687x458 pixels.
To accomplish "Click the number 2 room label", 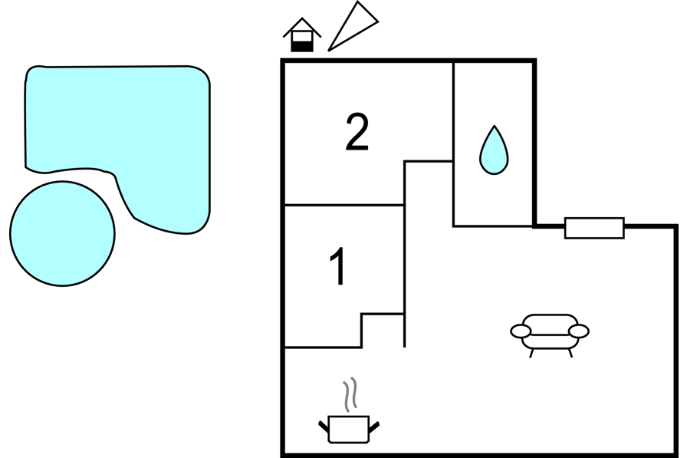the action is (357, 132).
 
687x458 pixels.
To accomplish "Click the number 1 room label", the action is (337, 266).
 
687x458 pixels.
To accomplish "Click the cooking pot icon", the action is (349, 429).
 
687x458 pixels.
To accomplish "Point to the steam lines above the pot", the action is (350, 394).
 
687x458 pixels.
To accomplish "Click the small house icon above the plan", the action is (302, 35).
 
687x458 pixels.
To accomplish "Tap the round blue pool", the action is (62, 233).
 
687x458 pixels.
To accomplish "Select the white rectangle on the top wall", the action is (594, 228).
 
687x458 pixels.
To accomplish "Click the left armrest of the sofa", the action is (521, 331).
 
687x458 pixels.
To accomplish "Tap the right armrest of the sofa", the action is (578, 331).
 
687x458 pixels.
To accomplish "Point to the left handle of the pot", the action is (324, 426).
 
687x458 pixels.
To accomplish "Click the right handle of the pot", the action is (374, 427).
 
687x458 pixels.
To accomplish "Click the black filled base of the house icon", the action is (302, 47).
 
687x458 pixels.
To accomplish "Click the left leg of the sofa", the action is (531, 353).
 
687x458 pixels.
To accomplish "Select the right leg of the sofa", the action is (570, 353).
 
